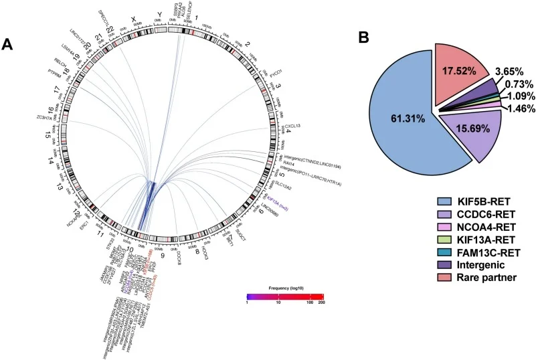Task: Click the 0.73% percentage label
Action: [x=513, y=83]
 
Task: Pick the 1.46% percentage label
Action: [x=513, y=107]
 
